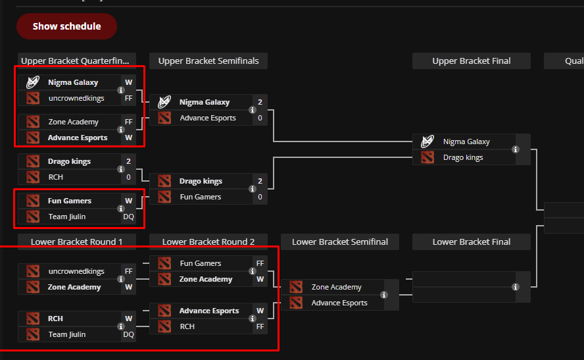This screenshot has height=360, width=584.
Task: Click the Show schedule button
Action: click(x=66, y=26)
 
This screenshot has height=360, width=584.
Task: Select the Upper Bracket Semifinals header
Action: click(x=208, y=61)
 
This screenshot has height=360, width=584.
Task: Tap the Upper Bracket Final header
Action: click(x=472, y=61)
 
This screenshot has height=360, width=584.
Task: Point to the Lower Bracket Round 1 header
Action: click(x=77, y=242)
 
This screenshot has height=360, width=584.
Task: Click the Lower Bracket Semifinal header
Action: click(x=340, y=242)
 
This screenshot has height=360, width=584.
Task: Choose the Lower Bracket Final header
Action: click(x=472, y=242)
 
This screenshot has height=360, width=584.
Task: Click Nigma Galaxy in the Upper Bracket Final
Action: click(x=466, y=141)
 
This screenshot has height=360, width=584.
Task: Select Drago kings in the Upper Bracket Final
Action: click(x=463, y=157)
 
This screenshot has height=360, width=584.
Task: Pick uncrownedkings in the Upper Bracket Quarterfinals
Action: click(x=76, y=98)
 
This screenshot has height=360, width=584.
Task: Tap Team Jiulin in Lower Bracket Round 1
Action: click(x=67, y=334)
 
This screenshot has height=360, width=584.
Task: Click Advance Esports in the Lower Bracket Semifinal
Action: click(x=339, y=303)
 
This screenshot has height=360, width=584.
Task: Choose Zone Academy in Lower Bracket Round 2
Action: click(x=206, y=279)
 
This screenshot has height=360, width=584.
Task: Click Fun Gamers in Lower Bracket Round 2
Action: click(x=201, y=263)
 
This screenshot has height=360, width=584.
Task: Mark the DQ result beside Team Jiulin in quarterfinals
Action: click(x=128, y=217)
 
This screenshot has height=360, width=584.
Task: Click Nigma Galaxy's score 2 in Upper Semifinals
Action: click(x=260, y=102)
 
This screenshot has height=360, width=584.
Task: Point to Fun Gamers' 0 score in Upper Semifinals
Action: click(x=260, y=197)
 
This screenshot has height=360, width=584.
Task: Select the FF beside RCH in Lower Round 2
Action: click(x=260, y=326)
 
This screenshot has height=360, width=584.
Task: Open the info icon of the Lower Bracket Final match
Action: click(x=516, y=287)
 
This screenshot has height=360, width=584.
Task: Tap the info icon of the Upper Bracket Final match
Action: click(x=516, y=149)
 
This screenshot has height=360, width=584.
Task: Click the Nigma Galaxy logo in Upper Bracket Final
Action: click(x=427, y=141)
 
